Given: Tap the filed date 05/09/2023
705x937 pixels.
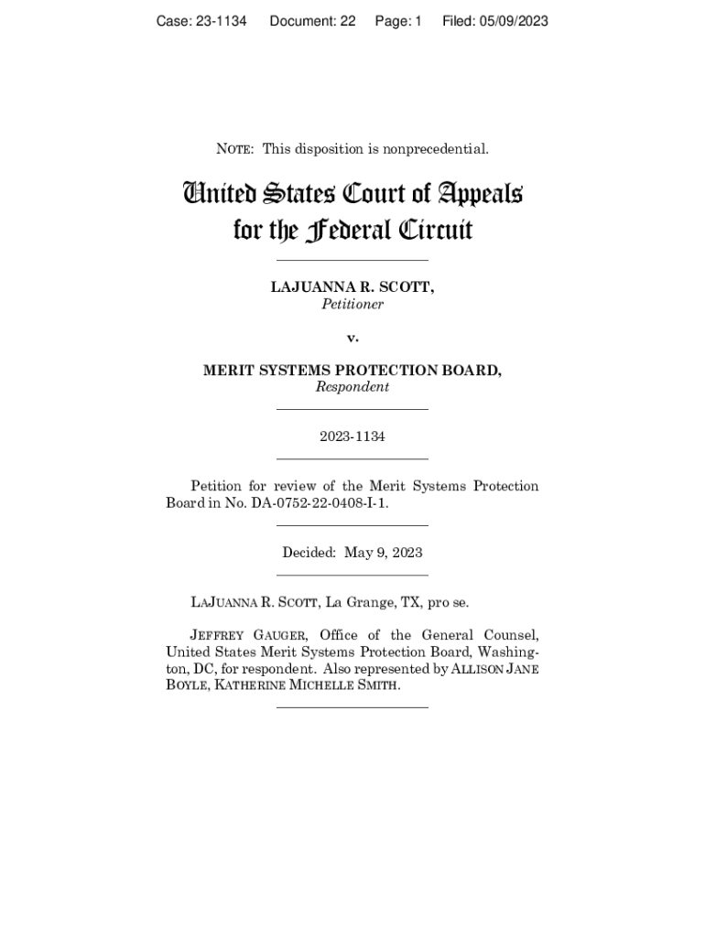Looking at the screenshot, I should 514,21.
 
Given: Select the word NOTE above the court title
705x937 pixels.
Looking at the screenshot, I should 235,149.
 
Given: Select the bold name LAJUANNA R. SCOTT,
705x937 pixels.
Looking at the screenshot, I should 352,287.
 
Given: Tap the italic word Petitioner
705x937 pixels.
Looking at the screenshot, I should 352,304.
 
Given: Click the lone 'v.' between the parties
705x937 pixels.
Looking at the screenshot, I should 352,338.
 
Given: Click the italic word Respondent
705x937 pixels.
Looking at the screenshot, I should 352,387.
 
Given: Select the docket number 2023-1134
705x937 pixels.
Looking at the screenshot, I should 352,436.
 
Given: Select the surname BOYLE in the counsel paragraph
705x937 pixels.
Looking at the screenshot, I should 188,685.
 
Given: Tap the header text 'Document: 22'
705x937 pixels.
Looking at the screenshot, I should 312,21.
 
